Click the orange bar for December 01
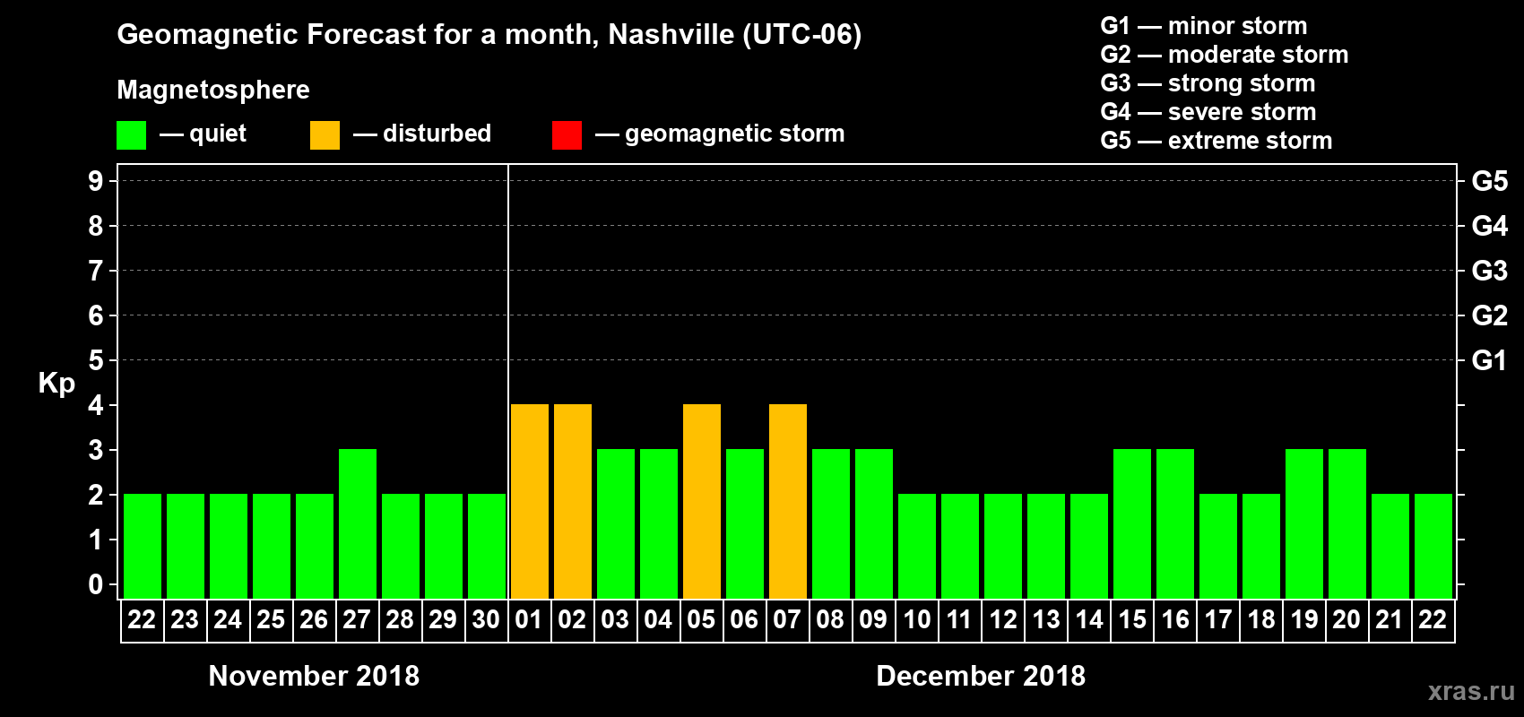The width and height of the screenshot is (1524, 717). click(529, 502)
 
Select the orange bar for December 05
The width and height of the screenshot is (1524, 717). click(701, 502)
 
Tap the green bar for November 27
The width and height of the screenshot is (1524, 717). click(357, 524)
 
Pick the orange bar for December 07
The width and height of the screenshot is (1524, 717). click(787, 502)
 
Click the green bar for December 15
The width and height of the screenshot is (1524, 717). click(1131, 524)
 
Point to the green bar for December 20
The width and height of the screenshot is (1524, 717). click(1346, 524)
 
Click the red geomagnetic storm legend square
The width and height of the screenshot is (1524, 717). click(567, 135)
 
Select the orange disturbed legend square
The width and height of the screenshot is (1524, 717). click(325, 135)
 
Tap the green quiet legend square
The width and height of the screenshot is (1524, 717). click(131, 135)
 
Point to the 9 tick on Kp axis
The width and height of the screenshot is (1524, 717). click(96, 181)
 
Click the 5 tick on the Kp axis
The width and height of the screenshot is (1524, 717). click(96, 360)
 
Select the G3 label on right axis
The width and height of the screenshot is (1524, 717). click(1489, 271)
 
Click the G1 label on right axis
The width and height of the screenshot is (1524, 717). click(1489, 360)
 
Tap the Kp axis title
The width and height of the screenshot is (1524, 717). click(56, 384)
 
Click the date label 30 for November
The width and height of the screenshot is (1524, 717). click(486, 619)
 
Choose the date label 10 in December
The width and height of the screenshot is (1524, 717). click(916, 619)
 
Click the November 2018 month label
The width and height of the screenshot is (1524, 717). click(314, 676)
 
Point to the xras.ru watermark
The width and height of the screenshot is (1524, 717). click(1470, 691)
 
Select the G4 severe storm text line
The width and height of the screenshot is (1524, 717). click(1208, 112)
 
